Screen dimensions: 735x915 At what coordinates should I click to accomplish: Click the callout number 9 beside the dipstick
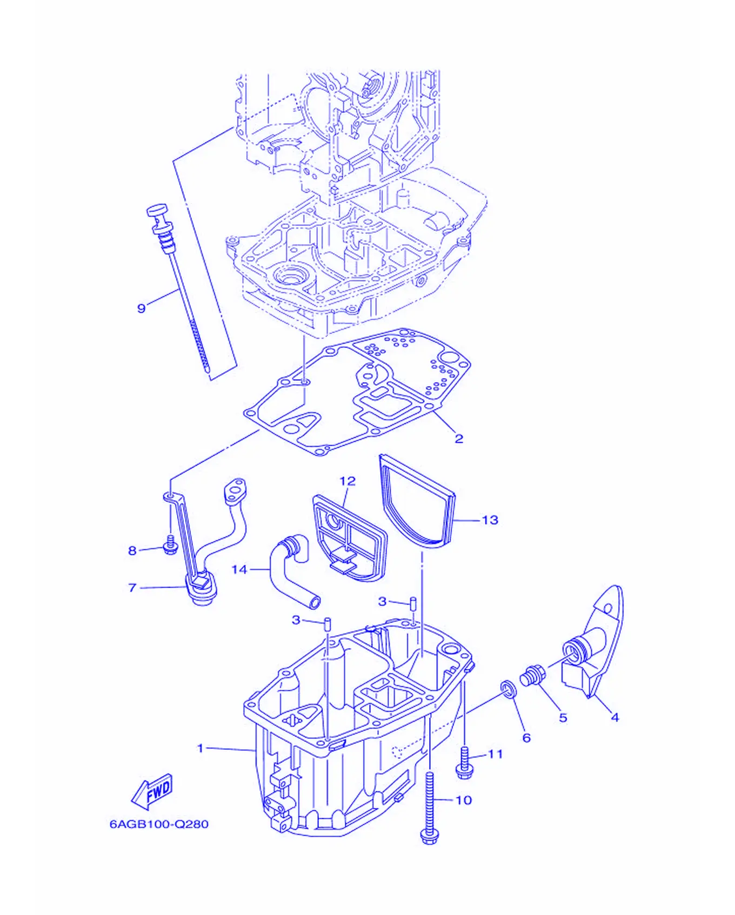[x=141, y=308]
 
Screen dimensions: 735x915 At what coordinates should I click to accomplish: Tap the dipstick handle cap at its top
[x=157, y=210]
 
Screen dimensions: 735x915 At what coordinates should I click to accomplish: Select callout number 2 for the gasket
[x=458, y=439]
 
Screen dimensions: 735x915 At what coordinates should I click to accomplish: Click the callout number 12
[x=348, y=481]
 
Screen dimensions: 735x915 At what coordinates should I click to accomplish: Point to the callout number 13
[x=490, y=520]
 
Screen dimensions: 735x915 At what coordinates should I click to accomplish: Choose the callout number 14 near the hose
[x=239, y=569]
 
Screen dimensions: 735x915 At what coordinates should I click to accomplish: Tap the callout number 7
[x=132, y=588]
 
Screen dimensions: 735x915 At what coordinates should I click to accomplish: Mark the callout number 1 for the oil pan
[x=201, y=748]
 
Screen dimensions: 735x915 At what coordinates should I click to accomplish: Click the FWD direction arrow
[x=152, y=791]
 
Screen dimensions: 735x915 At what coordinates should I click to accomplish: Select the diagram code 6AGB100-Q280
[x=159, y=824]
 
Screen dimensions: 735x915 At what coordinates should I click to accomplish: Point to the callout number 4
[x=614, y=717]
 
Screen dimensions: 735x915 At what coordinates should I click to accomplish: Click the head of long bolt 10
[x=429, y=837]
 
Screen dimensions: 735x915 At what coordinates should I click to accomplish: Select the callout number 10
[x=464, y=800]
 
